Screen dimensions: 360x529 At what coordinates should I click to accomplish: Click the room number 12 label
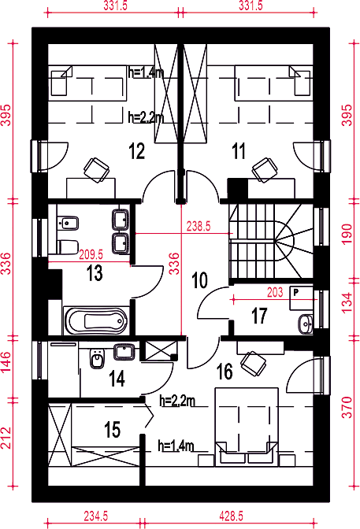pyautogui.click(x=137, y=151)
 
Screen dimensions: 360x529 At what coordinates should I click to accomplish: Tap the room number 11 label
pyautogui.click(x=239, y=151)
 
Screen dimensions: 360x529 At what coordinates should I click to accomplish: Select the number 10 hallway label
pyautogui.click(x=199, y=280)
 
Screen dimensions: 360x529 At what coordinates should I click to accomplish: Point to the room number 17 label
pyautogui.click(x=259, y=316)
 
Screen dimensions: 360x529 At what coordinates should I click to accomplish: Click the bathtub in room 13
pyautogui.click(x=96, y=320)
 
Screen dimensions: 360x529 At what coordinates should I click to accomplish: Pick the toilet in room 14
pyautogui.click(x=97, y=358)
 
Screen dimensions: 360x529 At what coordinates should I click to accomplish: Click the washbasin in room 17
pyautogui.click(x=306, y=324)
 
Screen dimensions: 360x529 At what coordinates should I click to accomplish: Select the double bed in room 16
pyautogui.click(x=247, y=427)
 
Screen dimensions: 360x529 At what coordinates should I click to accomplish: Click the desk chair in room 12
pyautogui.click(x=97, y=170)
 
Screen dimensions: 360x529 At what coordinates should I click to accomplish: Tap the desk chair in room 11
pyautogui.click(x=265, y=170)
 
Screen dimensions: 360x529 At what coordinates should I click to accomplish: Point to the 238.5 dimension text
pyautogui.click(x=199, y=227)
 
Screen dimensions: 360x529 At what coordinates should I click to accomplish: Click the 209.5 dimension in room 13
pyautogui.click(x=91, y=254)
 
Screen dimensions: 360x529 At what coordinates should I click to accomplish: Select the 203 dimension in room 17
pyautogui.click(x=275, y=292)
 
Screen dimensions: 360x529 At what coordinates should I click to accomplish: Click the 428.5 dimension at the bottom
pyautogui.click(x=231, y=516)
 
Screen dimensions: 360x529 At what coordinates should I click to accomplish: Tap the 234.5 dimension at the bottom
pyautogui.click(x=96, y=516)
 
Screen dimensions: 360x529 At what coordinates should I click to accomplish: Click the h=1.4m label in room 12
pyautogui.click(x=146, y=72)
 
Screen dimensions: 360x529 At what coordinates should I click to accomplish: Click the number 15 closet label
pyautogui.click(x=112, y=430)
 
